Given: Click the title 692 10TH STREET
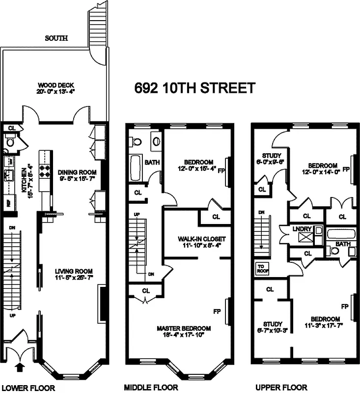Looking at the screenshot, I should pyautogui.click(x=195, y=88).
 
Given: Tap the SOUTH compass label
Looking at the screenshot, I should pyautogui.click(x=56, y=38).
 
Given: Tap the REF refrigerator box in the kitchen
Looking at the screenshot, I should pyautogui.click(x=9, y=202).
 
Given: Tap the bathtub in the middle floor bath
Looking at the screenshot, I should pyautogui.click(x=135, y=169).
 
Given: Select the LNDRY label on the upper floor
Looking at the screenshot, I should pyautogui.click(x=299, y=229).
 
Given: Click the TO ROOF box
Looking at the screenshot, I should pyautogui.click(x=261, y=268).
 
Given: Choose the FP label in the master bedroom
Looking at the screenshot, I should pyautogui.click(x=217, y=311).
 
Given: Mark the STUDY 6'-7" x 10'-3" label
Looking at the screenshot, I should pyautogui.click(x=272, y=327).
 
